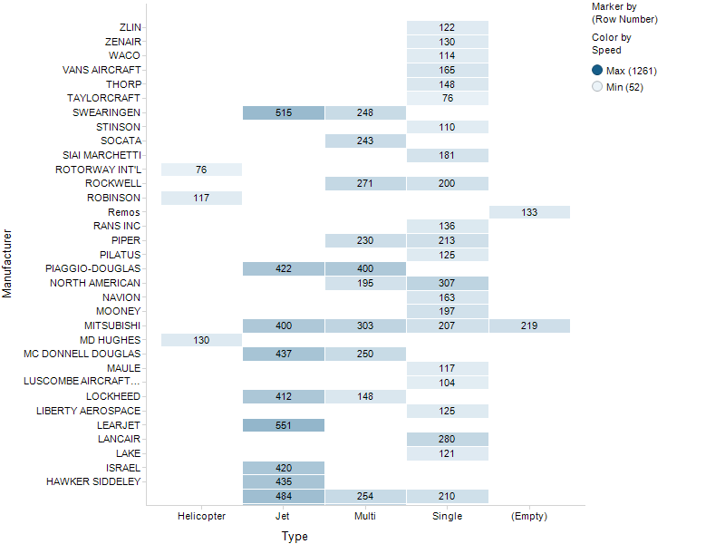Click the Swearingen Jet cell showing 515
tap(283, 112)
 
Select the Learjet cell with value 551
tap(283, 424)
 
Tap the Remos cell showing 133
tap(529, 212)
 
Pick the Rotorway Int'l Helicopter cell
tap(201, 170)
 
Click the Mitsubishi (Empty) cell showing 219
tap(529, 325)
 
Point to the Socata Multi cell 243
tap(365, 141)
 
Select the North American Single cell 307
tap(448, 283)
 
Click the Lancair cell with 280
tap(448, 439)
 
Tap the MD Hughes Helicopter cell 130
tap(201, 339)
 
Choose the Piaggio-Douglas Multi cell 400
tap(365, 269)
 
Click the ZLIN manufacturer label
tap(130, 27)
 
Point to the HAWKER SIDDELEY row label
tap(93, 481)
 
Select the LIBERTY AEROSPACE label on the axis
tap(88, 411)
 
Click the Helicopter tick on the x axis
tap(201, 516)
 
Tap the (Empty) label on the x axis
tap(529, 516)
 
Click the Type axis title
tap(295, 537)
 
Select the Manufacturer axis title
tap(7, 262)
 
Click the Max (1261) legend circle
tap(597, 71)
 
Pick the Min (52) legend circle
tap(597, 87)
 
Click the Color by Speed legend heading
tap(612, 44)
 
